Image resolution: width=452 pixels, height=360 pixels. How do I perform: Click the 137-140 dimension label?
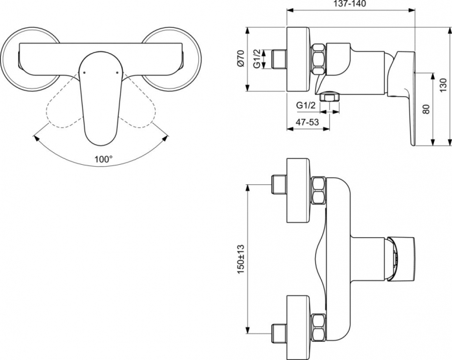pos(351,4)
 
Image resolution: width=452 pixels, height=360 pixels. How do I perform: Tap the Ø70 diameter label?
pos(241,59)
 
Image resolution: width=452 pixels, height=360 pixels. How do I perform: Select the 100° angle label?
pos(103,159)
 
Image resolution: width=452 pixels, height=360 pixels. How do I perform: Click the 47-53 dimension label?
pos(307,122)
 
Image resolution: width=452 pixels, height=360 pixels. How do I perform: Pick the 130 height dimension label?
pos(444,86)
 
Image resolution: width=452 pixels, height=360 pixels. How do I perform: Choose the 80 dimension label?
pos(426,109)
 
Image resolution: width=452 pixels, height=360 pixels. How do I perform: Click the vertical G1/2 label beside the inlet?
pos(257,59)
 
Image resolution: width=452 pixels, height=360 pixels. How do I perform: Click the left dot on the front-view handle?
pos(83,72)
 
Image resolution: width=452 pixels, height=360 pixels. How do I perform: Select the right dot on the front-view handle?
pos(117,72)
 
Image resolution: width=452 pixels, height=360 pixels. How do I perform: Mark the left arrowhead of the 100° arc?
pos(36,138)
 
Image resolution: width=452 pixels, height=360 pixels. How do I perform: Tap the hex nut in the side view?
pos(318,59)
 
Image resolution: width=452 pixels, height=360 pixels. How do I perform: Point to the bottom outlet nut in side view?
pos(329,97)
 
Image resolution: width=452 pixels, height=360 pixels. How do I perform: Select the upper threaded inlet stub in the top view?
pos(279,184)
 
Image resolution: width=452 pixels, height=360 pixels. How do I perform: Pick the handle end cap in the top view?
pos(401,259)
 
